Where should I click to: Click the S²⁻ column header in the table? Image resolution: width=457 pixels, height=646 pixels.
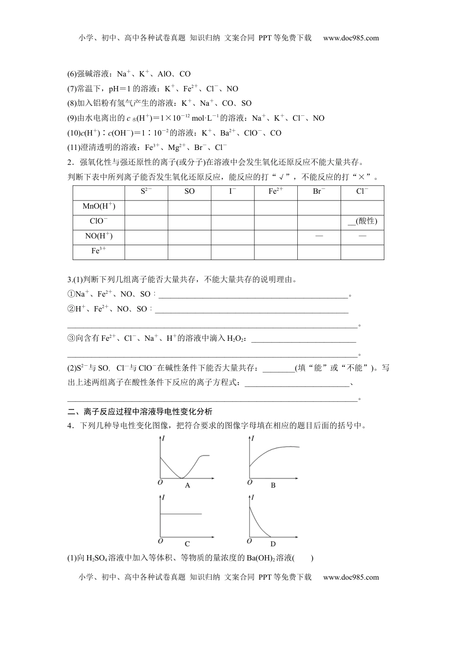pyautogui.click(x=146, y=191)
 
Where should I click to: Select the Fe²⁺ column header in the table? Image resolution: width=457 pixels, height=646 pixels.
pyautogui.click(x=276, y=191)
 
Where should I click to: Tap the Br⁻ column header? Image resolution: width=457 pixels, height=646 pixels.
pyautogui.click(x=319, y=191)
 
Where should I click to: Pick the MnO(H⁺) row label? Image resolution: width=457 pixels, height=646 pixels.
pyautogui.click(x=99, y=206)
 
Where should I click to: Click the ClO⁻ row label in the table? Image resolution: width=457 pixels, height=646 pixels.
pyautogui.click(x=99, y=221)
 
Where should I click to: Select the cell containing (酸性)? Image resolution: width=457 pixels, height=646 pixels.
pyautogui.click(x=362, y=221)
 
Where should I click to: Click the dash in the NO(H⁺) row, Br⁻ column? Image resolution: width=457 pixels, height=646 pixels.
pyautogui.click(x=319, y=236)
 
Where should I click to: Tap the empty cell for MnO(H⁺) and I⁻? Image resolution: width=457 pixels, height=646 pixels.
pyautogui.click(x=232, y=207)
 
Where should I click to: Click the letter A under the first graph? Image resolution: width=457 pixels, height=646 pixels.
pyautogui.click(x=188, y=485)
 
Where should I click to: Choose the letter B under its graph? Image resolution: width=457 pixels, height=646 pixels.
pyautogui.click(x=273, y=485)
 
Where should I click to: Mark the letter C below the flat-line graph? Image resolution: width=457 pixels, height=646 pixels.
pyautogui.click(x=187, y=544)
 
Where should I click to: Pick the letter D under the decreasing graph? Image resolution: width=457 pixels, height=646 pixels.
pyautogui.click(x=273, y=544)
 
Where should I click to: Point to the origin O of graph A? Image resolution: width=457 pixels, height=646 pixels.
pyautogui.click(x=160, y=482)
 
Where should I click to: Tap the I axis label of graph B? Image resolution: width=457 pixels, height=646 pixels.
pyautogui.click(x=253, y=438)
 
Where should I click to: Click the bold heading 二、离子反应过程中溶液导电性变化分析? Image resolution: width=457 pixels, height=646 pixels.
pyautogui.click(x=140, y=411)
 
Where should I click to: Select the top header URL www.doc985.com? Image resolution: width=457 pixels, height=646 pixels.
pyautogui.click(x=351, y=38)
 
